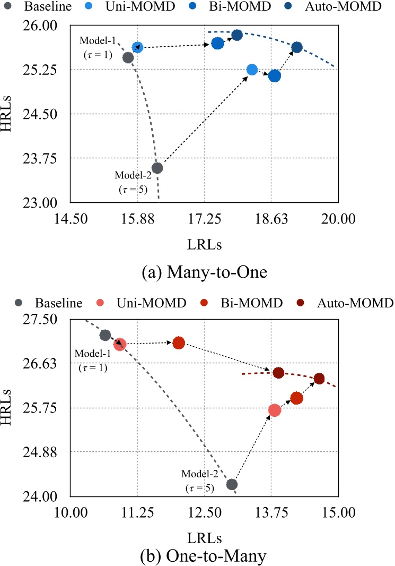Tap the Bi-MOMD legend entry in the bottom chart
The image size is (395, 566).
coord(257,303)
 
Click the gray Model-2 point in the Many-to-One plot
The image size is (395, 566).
coord(157,168)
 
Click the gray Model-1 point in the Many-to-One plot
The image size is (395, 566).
coord(128,57)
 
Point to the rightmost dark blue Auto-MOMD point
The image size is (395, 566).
coord(297,47)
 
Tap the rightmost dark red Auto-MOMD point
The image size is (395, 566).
coord(319,379)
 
